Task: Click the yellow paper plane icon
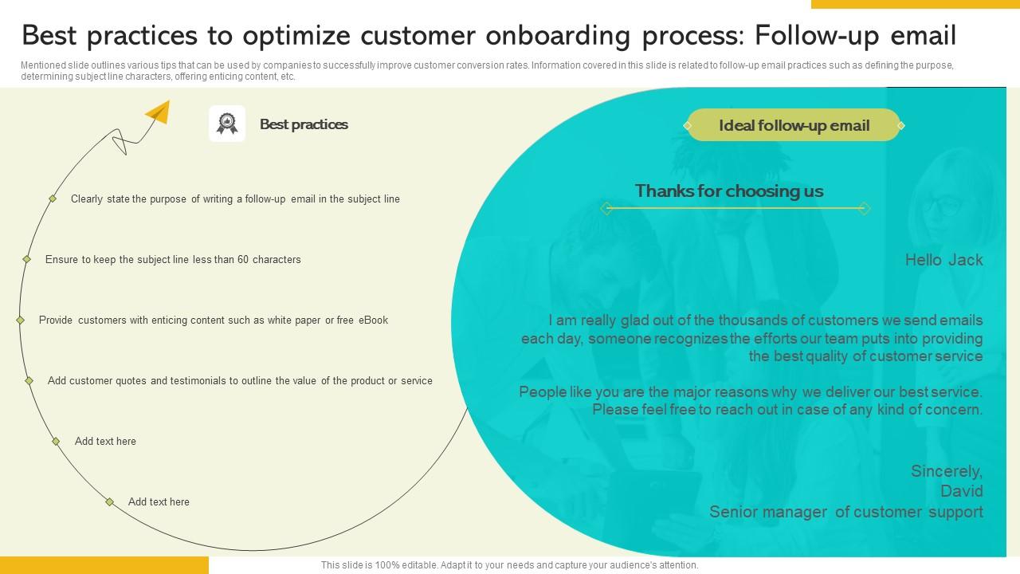point(159,112)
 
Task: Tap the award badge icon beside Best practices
point(227,124)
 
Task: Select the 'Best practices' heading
point(304,124)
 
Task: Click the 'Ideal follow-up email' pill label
point(794,125)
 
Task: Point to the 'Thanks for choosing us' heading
point(729,191)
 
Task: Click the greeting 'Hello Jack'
point(943,260)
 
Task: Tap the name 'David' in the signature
point(961,491)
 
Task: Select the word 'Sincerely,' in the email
point(947,471)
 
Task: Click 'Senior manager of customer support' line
point(845,512)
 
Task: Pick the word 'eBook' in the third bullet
point(373,320)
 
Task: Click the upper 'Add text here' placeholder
point(105,442)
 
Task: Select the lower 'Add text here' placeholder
point(159,502)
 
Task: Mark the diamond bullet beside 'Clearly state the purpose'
point(53,199)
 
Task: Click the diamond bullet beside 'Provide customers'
point(21,320)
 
